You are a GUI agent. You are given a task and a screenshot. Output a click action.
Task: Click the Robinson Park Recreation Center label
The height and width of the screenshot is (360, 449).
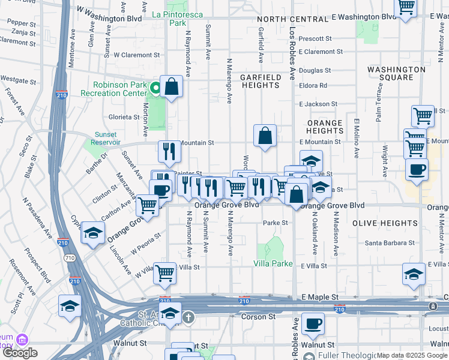119,89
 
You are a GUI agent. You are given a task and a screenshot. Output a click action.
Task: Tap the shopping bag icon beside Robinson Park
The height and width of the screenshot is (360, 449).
171,87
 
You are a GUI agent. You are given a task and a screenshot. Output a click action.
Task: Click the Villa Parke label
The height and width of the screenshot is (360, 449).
273,263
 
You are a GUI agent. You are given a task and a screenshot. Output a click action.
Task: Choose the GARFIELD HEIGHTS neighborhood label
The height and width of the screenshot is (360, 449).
261,81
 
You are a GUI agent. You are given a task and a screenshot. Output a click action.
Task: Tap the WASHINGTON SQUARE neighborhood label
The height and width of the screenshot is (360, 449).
396,73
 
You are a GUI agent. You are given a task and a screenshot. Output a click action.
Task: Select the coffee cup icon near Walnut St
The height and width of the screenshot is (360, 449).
312,325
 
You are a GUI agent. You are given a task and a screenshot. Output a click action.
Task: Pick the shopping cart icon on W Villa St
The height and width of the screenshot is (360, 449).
165,273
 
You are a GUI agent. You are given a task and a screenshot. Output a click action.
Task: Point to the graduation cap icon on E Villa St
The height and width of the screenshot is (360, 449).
414,274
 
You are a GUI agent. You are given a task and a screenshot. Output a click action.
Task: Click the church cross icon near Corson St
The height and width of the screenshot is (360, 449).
188,316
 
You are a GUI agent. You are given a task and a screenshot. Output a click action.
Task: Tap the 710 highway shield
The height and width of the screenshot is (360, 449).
70,258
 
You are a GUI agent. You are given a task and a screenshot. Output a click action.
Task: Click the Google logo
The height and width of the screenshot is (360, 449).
20,353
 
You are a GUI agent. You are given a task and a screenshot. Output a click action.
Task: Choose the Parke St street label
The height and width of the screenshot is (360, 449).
276,223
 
